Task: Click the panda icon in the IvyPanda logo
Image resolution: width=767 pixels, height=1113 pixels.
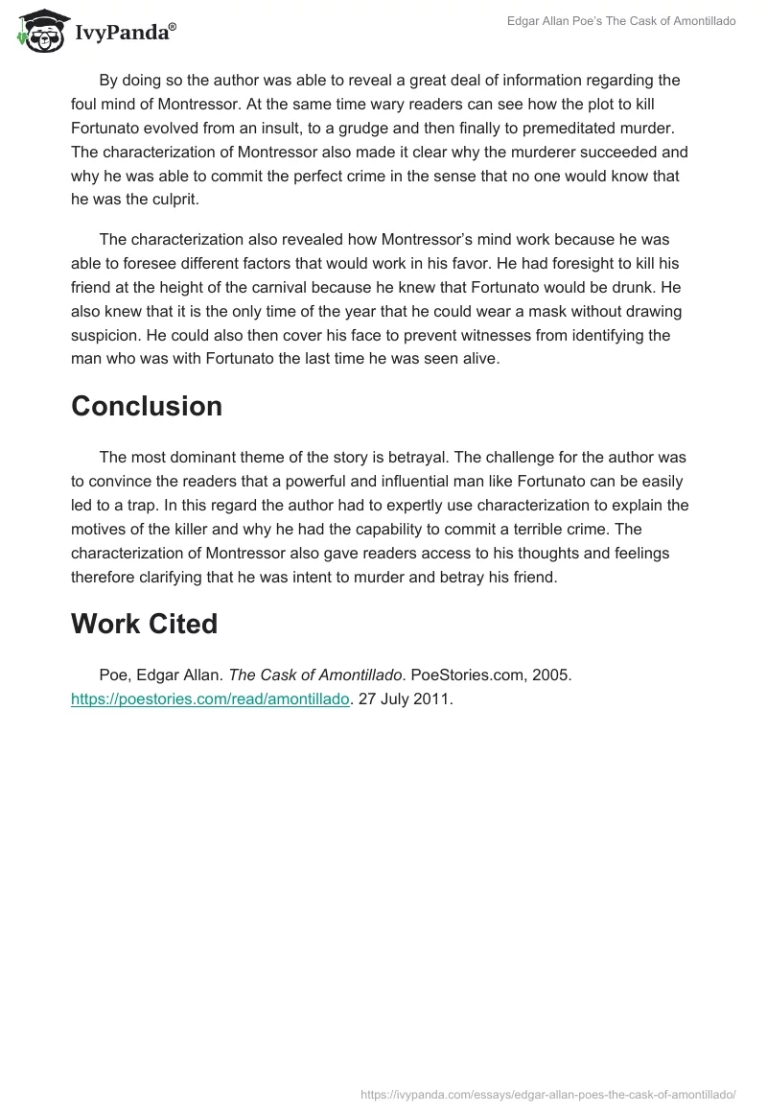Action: pos(39,31)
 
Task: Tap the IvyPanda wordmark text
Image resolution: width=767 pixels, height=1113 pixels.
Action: pos(124,33)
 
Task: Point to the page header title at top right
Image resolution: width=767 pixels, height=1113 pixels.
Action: pos(622,20)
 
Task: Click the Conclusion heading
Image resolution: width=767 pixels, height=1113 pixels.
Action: pos(147,406)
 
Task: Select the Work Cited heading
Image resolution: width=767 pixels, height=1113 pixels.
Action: pos(144,624)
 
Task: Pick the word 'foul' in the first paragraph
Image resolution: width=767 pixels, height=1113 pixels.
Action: pos(86,104)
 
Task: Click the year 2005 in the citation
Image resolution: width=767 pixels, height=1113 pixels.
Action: pos(551,675)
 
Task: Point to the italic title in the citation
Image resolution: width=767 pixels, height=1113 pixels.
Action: pos(316,675)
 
